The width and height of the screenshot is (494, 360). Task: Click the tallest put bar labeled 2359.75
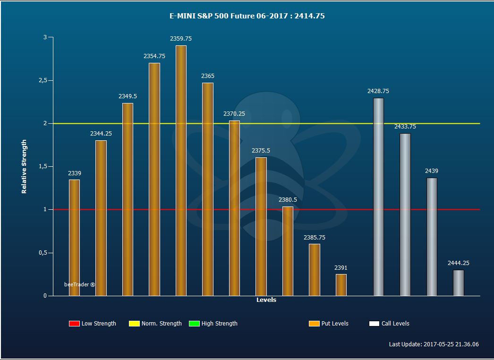point(181,171)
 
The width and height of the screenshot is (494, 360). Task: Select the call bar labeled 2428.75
point(378,197)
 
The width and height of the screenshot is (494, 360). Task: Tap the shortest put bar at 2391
point(341,285)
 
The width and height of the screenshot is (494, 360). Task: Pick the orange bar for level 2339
point(74,238)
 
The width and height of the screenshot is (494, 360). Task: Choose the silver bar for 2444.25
point(459,283)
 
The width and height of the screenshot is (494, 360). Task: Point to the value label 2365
point(208,76)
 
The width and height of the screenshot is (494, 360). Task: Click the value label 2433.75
point(405,127)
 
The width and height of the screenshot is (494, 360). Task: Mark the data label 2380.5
point(288,199)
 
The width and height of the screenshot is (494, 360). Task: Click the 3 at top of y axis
point(45,37)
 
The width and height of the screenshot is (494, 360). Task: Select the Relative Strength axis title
point(24,166)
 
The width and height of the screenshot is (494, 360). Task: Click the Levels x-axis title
point(266,300)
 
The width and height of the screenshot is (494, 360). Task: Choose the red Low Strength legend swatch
point(74,324)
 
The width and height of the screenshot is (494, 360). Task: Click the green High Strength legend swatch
point(194,324)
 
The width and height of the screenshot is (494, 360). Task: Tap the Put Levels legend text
point(335,324)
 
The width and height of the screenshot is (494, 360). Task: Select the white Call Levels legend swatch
point(374,324)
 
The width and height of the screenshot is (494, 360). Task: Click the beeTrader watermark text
point(79,284)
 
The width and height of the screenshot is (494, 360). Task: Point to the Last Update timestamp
point(434,344)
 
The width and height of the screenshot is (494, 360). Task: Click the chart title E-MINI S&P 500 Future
point(229,16)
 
